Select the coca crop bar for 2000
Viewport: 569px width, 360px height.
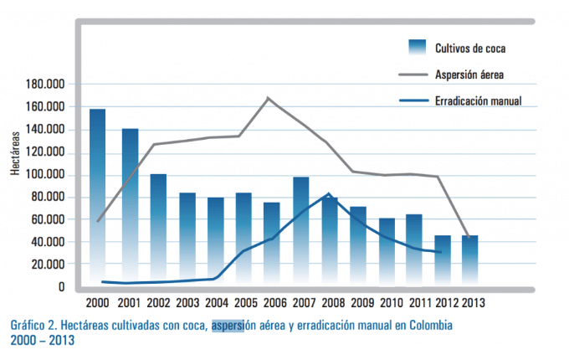tap(98, 196)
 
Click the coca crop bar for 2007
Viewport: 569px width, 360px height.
tap(301, 230)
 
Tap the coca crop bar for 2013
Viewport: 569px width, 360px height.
tap(470, 260)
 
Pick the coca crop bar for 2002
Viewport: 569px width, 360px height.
tap(159, 229)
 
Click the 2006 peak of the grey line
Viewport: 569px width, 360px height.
tap(268, 98)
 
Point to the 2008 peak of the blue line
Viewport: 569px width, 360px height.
tap(328, 194)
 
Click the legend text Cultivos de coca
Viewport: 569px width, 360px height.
tap(470, 49)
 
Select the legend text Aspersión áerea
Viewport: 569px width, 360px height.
tap(469, 75)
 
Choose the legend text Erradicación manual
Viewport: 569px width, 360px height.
tap(479, 101)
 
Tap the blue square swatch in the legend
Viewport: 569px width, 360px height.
tap(418, 47)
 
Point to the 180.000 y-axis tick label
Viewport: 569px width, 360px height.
tap(45, 85)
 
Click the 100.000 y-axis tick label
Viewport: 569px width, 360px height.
tap(45, 174)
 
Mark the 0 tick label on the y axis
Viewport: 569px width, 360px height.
tap(61, 286)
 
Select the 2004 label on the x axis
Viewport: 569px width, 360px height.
tap(217, 303)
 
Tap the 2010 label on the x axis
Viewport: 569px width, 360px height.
tap(392, 303)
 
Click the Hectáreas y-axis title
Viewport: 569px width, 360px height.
tap(15, 154)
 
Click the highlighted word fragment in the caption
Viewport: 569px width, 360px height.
tap(228, 326)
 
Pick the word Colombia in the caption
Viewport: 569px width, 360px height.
tap(431, 325)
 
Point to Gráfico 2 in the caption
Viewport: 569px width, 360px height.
tap(33, 325)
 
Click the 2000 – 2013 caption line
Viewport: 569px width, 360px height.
tap(43, 341)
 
